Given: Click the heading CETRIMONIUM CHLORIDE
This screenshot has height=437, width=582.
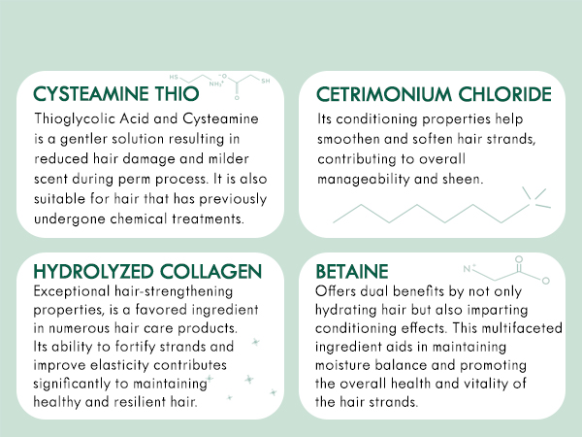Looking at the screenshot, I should point(435,94).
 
